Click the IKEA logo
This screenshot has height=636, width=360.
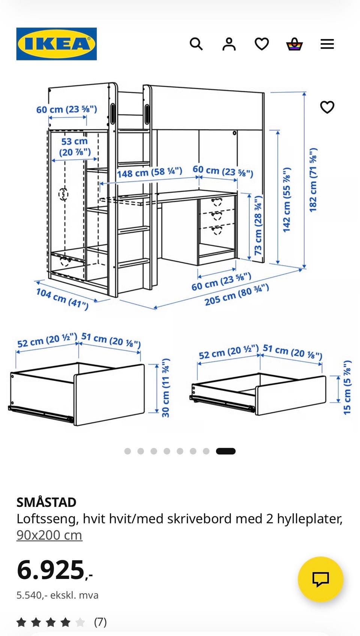point(57,44)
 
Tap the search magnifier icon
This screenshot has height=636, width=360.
point(196,44)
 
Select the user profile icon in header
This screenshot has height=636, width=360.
point(229,44)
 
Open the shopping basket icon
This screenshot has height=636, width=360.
point(294,44)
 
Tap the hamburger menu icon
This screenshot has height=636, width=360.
point(327,44)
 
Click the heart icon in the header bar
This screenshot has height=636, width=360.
point(261,44)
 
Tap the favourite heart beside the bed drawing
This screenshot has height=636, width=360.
point(327,107)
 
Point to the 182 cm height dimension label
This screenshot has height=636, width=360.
point(313,180)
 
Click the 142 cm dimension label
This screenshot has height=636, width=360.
point(287,200)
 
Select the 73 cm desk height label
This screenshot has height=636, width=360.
point(258,225)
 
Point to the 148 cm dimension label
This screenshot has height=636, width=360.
point(150,172)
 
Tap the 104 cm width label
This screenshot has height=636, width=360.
point(62,299)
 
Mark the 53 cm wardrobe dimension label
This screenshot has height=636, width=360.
point(75,146)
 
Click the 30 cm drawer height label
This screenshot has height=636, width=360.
point(166,388)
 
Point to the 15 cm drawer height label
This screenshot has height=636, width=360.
point(347,388)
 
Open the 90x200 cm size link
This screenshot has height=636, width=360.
point(49,535)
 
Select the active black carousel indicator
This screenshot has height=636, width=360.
point(225,451)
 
